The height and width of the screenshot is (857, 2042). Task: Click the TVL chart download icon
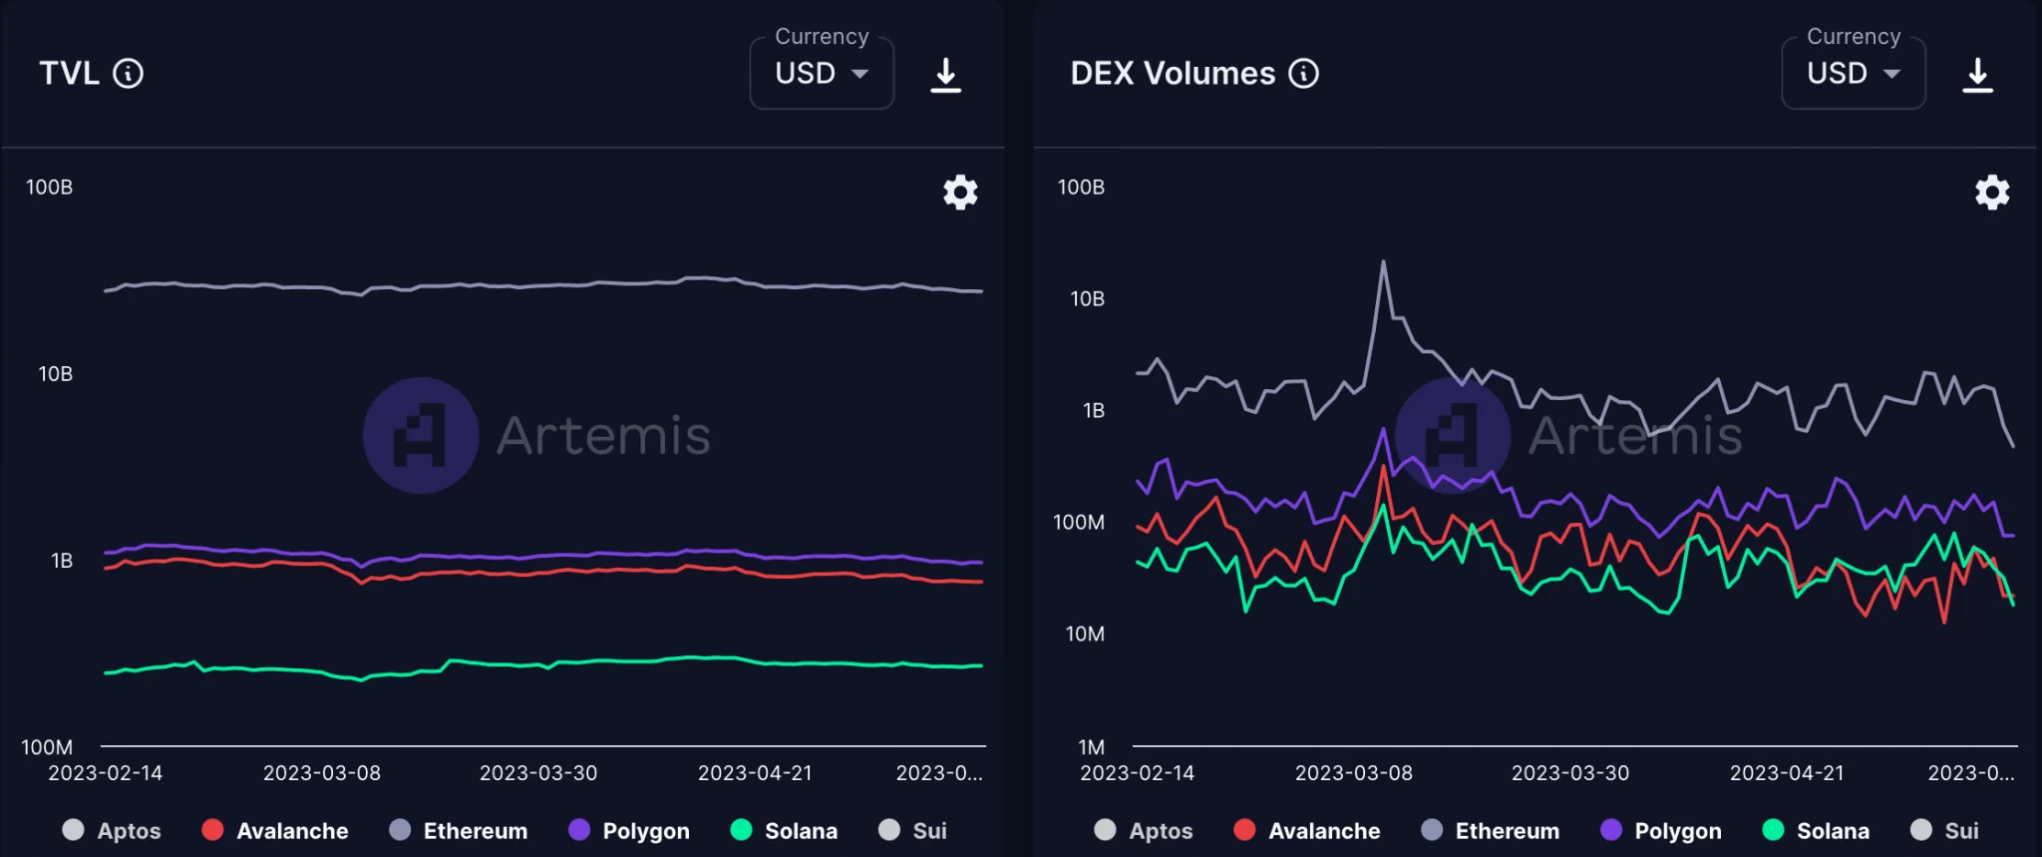[945, 75]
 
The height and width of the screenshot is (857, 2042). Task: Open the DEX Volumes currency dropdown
[1853, 74]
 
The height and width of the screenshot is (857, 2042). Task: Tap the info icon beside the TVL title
[128, 73]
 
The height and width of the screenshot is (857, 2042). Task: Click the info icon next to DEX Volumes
[1303, 73]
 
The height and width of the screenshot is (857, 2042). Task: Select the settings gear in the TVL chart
[960, 192]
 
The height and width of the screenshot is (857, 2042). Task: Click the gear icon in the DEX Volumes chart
[1992, 192]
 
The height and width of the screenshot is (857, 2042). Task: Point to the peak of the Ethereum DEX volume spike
[1383, 262]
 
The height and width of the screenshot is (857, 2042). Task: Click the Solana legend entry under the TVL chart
[784, 830]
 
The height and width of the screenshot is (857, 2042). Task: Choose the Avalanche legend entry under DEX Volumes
[1306, 830]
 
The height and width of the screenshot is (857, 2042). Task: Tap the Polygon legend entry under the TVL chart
[628, 830]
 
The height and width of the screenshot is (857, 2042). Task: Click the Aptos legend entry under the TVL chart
[112, 830]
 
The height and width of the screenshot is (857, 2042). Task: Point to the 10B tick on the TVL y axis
[55, 374]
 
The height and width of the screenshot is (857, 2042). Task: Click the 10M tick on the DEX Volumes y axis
[1085, 634]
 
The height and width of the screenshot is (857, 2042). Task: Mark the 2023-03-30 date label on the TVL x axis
[538, 773]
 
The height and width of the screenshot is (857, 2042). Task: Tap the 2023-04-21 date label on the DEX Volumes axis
[1787, 773]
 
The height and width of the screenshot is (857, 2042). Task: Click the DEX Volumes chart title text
[1173, 73]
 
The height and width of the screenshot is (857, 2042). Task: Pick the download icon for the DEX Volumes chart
[1977, 75]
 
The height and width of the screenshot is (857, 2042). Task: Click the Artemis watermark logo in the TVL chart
[421, 435]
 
